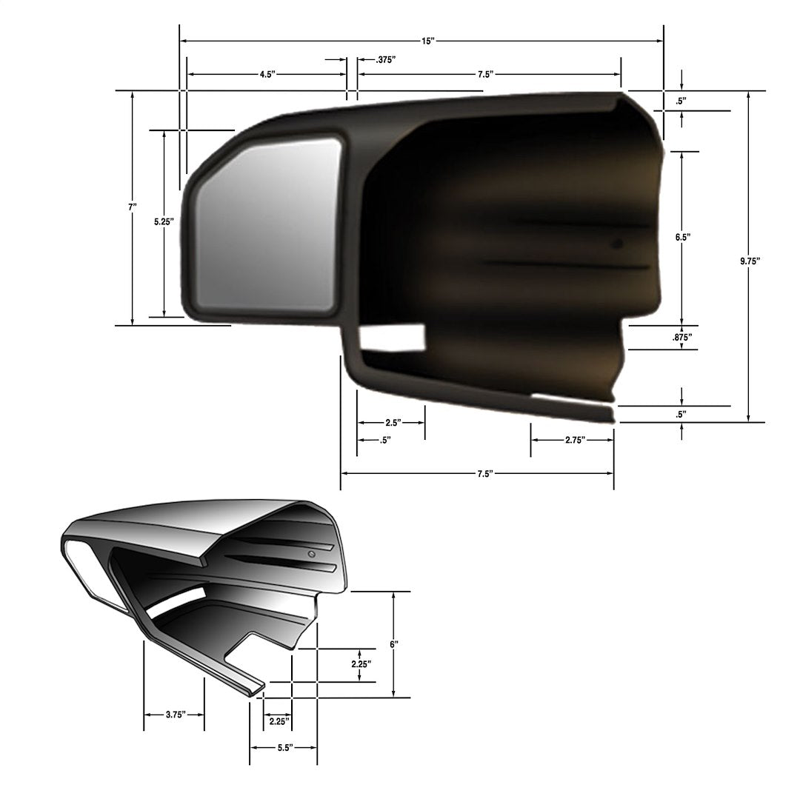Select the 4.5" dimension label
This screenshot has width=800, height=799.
[267, 75]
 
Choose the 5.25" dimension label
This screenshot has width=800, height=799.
[164, 221]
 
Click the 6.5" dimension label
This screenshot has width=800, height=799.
[682, 238]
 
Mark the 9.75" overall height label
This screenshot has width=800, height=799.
[750, 261]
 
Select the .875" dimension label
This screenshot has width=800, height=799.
[682, 337]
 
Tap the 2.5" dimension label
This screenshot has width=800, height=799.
[393, 423]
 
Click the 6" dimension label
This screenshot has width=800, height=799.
[393, 645]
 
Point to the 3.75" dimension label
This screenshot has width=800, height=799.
[175, 715]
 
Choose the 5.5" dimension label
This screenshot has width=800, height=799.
[285, 749]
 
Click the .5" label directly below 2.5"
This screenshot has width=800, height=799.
[385, 440]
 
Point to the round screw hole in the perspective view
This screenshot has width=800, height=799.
[312, 554]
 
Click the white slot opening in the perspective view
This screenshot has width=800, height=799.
[178, 601]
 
